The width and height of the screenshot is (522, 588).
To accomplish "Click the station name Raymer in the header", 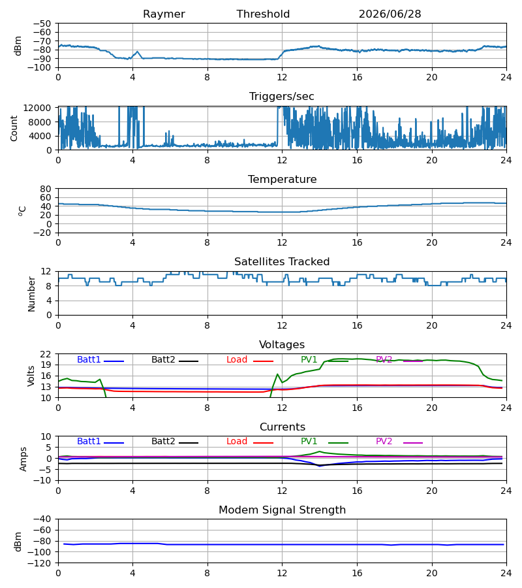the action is coord(164,14).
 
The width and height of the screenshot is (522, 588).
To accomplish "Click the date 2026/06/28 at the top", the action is coord(390,14).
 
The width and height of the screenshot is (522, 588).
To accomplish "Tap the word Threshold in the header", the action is coord(263,14).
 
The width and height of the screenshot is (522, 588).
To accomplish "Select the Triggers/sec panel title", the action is coord(282,97).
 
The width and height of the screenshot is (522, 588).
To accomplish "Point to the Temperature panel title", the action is coord(282,179).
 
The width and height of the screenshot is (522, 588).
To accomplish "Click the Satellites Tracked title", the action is coord(282,262).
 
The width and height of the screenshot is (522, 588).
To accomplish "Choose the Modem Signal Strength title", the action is coord(282,510).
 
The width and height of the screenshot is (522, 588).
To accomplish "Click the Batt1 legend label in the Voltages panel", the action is coord(89,359).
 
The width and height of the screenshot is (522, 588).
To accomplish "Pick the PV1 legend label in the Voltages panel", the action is coord(309,359).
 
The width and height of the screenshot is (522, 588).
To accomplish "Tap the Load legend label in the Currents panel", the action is coord(237,442).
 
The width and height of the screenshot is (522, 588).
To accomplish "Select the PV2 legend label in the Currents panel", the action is coord(384,442).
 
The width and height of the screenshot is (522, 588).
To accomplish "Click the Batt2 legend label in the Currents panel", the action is coord(163,442).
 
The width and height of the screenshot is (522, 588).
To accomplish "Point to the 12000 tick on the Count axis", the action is coord(37,108).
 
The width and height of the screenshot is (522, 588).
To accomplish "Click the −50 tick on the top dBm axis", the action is coord(42,24).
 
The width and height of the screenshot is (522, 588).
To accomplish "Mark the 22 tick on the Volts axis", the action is coord(45,354).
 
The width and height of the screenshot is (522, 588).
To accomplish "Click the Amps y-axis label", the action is coord(23,459).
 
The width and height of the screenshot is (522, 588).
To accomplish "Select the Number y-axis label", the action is coord(31,295).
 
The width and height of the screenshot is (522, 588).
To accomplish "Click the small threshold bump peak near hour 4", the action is coord(138,52).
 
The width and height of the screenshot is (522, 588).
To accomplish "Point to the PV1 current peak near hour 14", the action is coord(320,451).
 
